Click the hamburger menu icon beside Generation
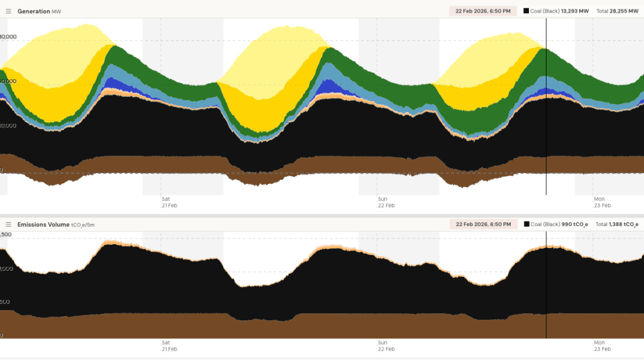coord(9,11)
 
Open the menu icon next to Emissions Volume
coord(9,225)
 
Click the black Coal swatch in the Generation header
coord(526,11)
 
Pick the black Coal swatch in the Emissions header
coord(526,224)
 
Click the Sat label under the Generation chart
coord(165,199)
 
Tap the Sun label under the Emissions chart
coord(382,343)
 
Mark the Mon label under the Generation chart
coord(599,199)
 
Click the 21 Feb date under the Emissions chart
coord(169,349)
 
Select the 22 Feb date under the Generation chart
coord(386,205)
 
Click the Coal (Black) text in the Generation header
coord(545,11)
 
